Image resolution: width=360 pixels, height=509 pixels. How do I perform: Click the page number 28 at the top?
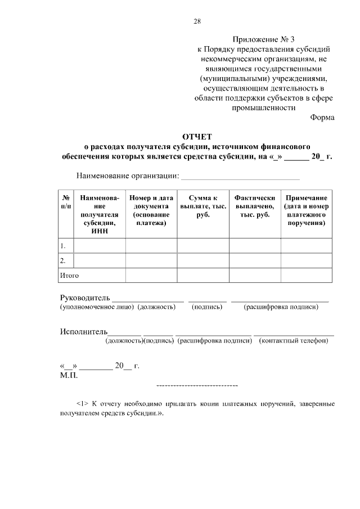point(197,21)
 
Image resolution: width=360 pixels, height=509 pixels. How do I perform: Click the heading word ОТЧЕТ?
point(197,137)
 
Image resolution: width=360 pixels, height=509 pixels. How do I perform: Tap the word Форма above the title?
point(322,118)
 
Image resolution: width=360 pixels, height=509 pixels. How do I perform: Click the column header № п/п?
point(66,202)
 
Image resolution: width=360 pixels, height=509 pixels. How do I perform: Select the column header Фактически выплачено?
point(255,206)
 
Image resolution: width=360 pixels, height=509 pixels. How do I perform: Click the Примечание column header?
point(307,210)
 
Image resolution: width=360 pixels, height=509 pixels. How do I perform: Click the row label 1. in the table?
point(64,246)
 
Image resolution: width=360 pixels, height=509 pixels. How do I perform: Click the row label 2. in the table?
point(64,260)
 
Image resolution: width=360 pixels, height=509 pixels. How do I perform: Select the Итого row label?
point(69,276)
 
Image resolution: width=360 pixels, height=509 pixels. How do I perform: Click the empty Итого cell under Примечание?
point(307,276)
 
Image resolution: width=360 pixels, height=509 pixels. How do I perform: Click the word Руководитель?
point(85,297)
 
